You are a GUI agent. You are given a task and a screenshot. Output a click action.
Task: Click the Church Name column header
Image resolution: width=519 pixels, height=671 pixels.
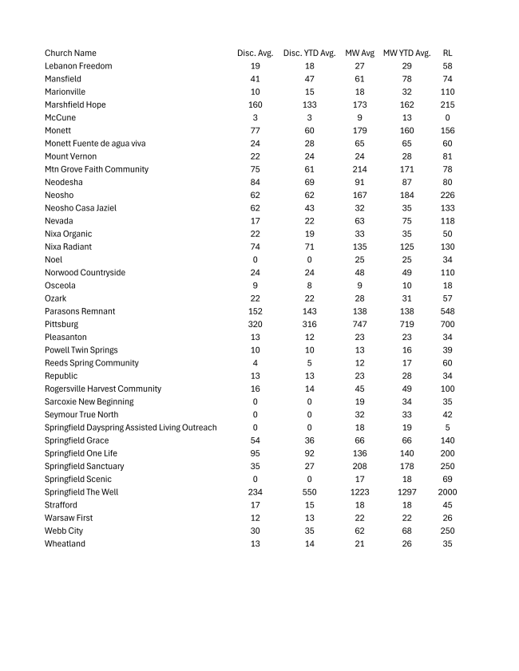pos(70,53)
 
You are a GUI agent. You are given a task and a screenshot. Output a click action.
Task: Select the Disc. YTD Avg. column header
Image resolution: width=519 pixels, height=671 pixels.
pos(309,53)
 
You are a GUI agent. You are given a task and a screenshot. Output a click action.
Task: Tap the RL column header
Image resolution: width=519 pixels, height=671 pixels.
pos(447,53)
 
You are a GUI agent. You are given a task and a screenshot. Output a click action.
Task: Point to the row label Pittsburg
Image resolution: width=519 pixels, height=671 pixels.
pos(62,324)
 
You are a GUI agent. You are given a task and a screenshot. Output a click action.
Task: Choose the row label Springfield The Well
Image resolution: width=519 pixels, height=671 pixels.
pos(81,492)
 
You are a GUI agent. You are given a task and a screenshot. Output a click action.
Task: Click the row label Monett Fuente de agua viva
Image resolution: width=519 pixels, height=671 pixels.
pos(95,143)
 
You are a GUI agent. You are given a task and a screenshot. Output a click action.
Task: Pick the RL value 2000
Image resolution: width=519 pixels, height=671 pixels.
pos(447,492)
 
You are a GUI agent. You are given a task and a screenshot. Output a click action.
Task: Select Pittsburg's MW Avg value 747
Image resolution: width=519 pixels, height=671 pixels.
pos(359,324)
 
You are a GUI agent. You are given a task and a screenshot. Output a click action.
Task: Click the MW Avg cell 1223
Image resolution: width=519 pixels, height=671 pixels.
pos(359,492)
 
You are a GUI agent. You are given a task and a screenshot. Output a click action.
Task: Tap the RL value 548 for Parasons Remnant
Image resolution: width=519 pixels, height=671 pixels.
pos(447,311)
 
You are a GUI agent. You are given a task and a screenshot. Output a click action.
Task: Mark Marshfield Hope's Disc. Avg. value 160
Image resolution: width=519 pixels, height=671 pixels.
pos(256,105)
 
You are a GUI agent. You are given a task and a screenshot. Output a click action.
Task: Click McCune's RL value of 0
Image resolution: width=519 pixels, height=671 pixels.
pos(447,117)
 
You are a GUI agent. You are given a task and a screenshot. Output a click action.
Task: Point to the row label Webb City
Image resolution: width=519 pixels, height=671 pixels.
pos(64,531)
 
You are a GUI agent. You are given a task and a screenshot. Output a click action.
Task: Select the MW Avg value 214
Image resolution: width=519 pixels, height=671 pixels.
pos(359,169)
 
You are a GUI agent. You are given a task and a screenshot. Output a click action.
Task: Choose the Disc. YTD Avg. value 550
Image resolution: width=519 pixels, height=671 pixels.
pos(309,492)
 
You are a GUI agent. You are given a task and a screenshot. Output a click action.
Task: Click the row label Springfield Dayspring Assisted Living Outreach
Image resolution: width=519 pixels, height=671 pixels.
pos(130,428)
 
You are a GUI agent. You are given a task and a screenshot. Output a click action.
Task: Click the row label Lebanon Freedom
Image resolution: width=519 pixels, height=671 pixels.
pos(78,65)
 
